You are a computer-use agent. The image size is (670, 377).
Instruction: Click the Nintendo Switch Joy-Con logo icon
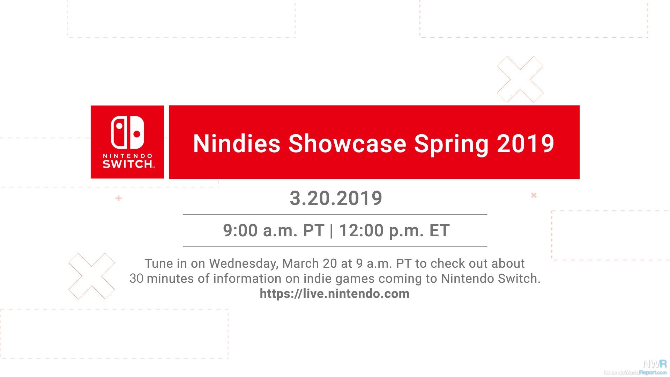coord(127,133)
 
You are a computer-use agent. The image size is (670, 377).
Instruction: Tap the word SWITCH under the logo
coord(128,164)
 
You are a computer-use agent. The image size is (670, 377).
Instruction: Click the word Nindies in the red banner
coord(237,143)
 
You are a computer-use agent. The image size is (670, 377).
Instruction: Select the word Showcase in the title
coord(347,143)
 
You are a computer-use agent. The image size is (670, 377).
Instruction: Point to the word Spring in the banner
coord(451,144)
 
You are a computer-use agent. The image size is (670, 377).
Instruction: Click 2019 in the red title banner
coord(526,143)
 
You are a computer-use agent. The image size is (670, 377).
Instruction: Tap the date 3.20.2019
coord(336,198)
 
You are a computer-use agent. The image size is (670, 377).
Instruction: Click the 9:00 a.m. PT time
coord(274,230)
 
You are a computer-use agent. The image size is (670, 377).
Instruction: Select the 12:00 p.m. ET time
coord(394,230)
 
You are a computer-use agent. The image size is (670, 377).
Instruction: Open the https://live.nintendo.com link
coord(335,294)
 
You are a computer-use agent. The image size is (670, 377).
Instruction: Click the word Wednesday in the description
coord(243,264)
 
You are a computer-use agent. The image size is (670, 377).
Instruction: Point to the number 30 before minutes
coord(136,279)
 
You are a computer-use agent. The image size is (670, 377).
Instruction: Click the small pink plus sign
coord(119,198)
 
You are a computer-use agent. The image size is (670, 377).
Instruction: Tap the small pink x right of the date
coord(534,195)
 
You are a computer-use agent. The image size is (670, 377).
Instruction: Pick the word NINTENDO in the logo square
coord(127,156)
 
